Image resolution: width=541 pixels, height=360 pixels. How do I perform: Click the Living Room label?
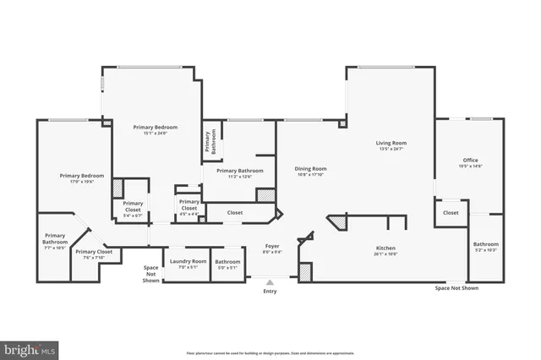391,143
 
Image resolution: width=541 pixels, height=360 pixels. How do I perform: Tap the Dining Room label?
310,168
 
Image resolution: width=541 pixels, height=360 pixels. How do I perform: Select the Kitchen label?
385,248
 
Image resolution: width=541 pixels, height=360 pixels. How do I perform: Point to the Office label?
470,160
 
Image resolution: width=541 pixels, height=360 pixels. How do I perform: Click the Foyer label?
272,246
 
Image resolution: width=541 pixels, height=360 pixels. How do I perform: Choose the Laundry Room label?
187,261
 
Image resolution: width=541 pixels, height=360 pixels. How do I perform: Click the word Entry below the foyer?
270,292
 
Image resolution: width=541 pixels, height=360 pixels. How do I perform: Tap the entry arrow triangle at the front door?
270,283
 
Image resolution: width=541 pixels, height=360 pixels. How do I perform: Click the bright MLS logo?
30,348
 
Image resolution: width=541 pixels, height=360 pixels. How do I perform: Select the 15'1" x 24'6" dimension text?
154,133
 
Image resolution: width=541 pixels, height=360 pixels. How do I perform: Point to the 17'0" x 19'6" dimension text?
75,182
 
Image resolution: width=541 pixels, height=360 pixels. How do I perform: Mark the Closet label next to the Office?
451,213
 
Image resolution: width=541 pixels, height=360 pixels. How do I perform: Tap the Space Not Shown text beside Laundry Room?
150,274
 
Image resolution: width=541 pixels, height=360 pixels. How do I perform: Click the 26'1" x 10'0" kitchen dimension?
385,254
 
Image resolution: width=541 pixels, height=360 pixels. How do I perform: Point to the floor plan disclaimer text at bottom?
270,352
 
